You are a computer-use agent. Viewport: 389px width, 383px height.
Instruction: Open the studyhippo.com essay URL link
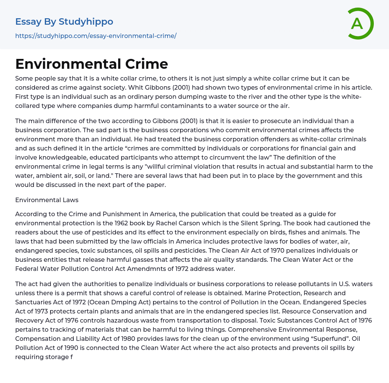96,36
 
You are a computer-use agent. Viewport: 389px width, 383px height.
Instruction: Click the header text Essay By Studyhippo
64,22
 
